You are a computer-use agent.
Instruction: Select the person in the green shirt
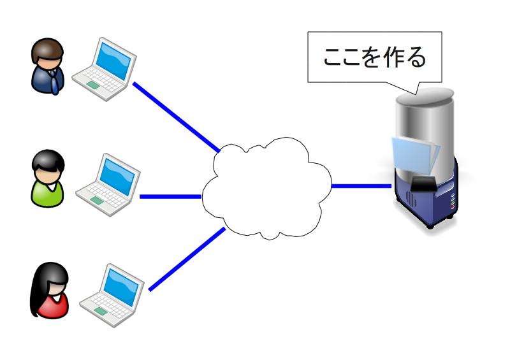[x=48, y=178]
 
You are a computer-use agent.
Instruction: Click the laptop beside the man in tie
[x=104, y=69]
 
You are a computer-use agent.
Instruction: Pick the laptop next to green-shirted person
[x=108, y=185]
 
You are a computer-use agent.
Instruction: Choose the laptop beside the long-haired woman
[x=112, y=295]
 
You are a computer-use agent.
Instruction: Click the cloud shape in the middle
[x=266, y=189]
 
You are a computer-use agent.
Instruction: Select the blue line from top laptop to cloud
[x=177, y=117]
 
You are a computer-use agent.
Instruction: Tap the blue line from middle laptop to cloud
[x=171, y=197]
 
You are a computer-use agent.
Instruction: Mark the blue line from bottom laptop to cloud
[x=187, y=259]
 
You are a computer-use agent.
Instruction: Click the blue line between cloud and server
[x=361, y=186]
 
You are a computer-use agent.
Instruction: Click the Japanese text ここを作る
[x=375, y=57]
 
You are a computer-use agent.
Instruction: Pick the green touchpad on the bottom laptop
[x=101, y=311]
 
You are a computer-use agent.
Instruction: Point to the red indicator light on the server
[x=452, y=207]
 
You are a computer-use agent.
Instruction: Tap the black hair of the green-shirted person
[x=48, y=160]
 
